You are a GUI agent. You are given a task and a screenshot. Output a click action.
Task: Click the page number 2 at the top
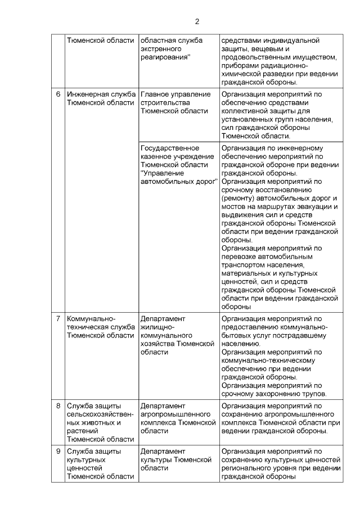click(x=197, y=22)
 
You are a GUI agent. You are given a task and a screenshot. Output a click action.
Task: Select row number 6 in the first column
click(x=58, y=94)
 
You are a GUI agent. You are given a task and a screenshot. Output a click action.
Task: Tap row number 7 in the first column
click(x=58, y=319)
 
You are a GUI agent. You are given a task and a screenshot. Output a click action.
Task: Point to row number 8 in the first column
click(x=58, y=405)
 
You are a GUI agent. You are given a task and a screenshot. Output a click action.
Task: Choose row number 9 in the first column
click(x=58, y=451)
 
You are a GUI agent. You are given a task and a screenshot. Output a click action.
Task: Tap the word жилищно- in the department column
click(x=157, y=327)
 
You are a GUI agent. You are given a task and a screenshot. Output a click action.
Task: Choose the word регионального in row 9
click(x=246, y=468)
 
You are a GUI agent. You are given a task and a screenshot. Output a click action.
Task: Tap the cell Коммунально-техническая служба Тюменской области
click(x=100, y=327)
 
